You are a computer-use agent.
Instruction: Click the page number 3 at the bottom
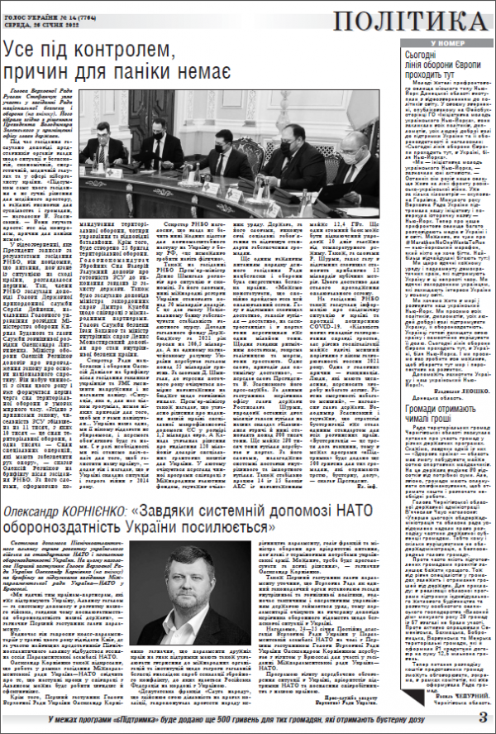[x=483, y=717]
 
